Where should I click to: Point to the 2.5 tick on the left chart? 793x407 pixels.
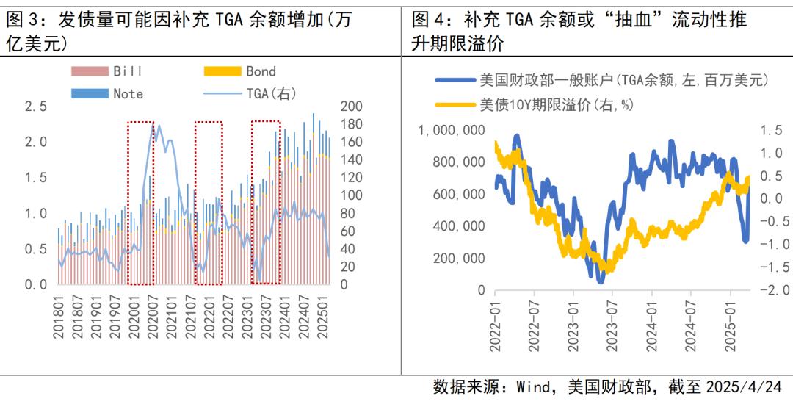(35, 107)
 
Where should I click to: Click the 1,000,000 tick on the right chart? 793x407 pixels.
(452, 130)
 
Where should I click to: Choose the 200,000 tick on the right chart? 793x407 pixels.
(457, 258)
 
